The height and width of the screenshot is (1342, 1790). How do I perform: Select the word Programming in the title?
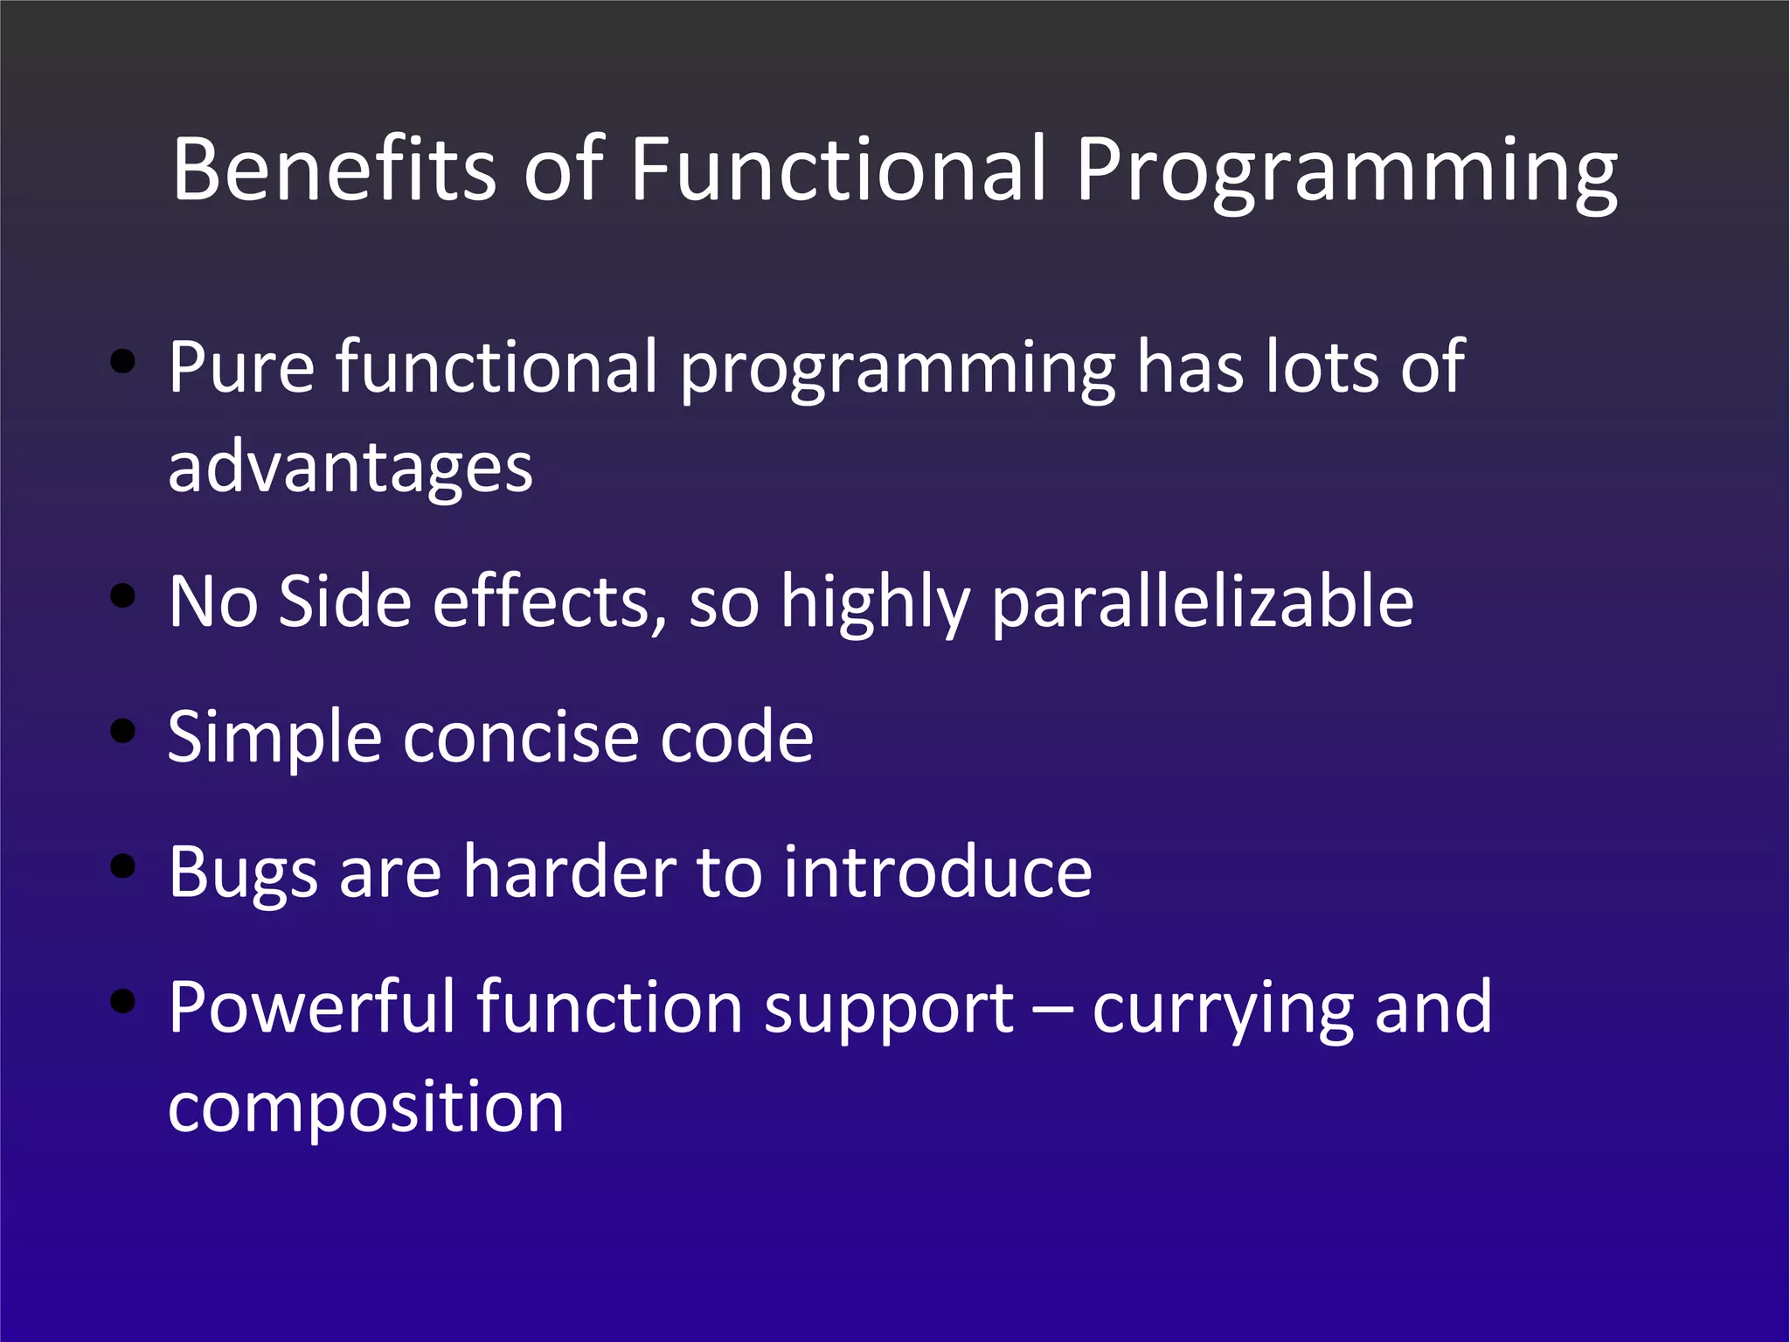click(1346, 175)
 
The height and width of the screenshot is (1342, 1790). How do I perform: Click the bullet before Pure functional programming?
click(123, 362)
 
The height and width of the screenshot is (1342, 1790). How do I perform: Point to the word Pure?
click(241, 367)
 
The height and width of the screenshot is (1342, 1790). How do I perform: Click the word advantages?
click(350, 469)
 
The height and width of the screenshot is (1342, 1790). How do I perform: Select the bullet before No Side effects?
click(123, 596)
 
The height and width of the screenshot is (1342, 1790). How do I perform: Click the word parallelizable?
click(1203, 603)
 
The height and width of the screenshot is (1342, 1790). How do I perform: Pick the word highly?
click(875, 603)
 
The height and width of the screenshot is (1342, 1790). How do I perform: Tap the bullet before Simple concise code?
click(123, 731)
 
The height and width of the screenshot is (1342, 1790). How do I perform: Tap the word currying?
click(1223, 1011)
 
